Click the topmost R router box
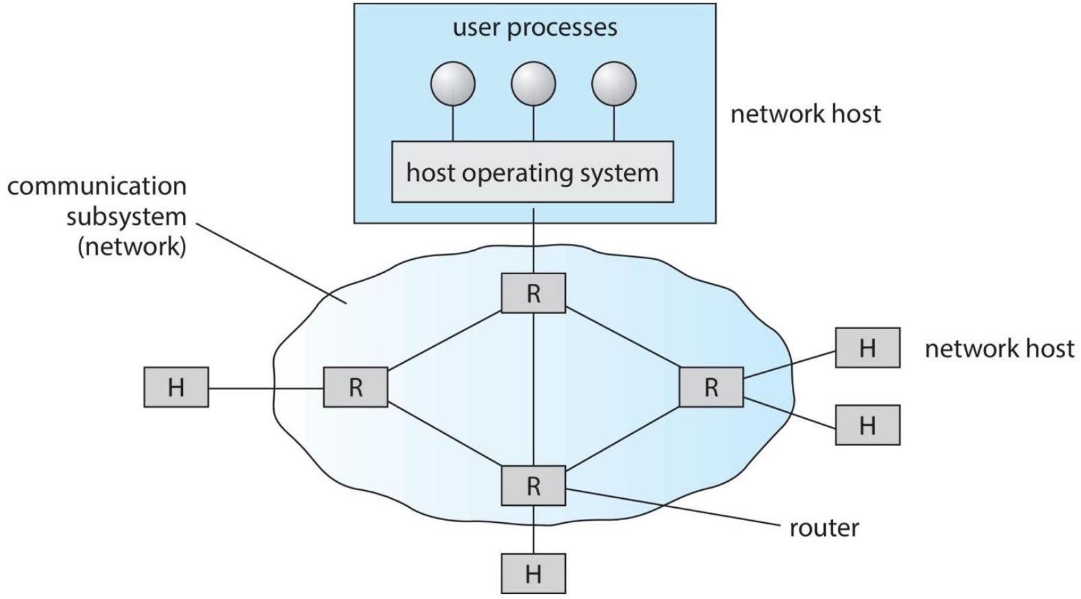[x=533, y=293]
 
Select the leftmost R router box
[x=355, y=387]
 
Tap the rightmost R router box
[x=711, y=387]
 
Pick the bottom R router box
[x=533, y=485]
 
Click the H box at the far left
[x=176, y=387]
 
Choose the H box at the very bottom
[x=533, y=574]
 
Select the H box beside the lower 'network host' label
[x=868, y=347]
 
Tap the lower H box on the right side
[x=868, y=425]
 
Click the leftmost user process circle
[x=453, y=84]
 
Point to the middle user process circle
[x=533, y=84]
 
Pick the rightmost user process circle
[x=614, y=84]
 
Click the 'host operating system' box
[x=532, y=172]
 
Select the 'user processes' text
[x=535, y=27]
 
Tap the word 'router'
[x=824, y=528]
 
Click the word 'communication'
[x=97, y=186]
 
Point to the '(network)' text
[x=132, y=247]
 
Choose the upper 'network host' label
[x=806, y=114]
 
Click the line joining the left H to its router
[x=266, y=389]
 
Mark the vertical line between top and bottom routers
[x=533, y=389]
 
